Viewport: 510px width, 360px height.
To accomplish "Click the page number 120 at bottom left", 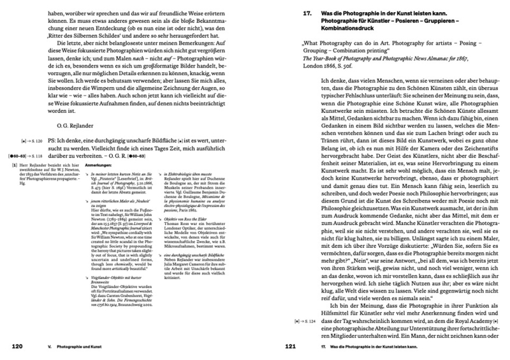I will coord(15,346).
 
